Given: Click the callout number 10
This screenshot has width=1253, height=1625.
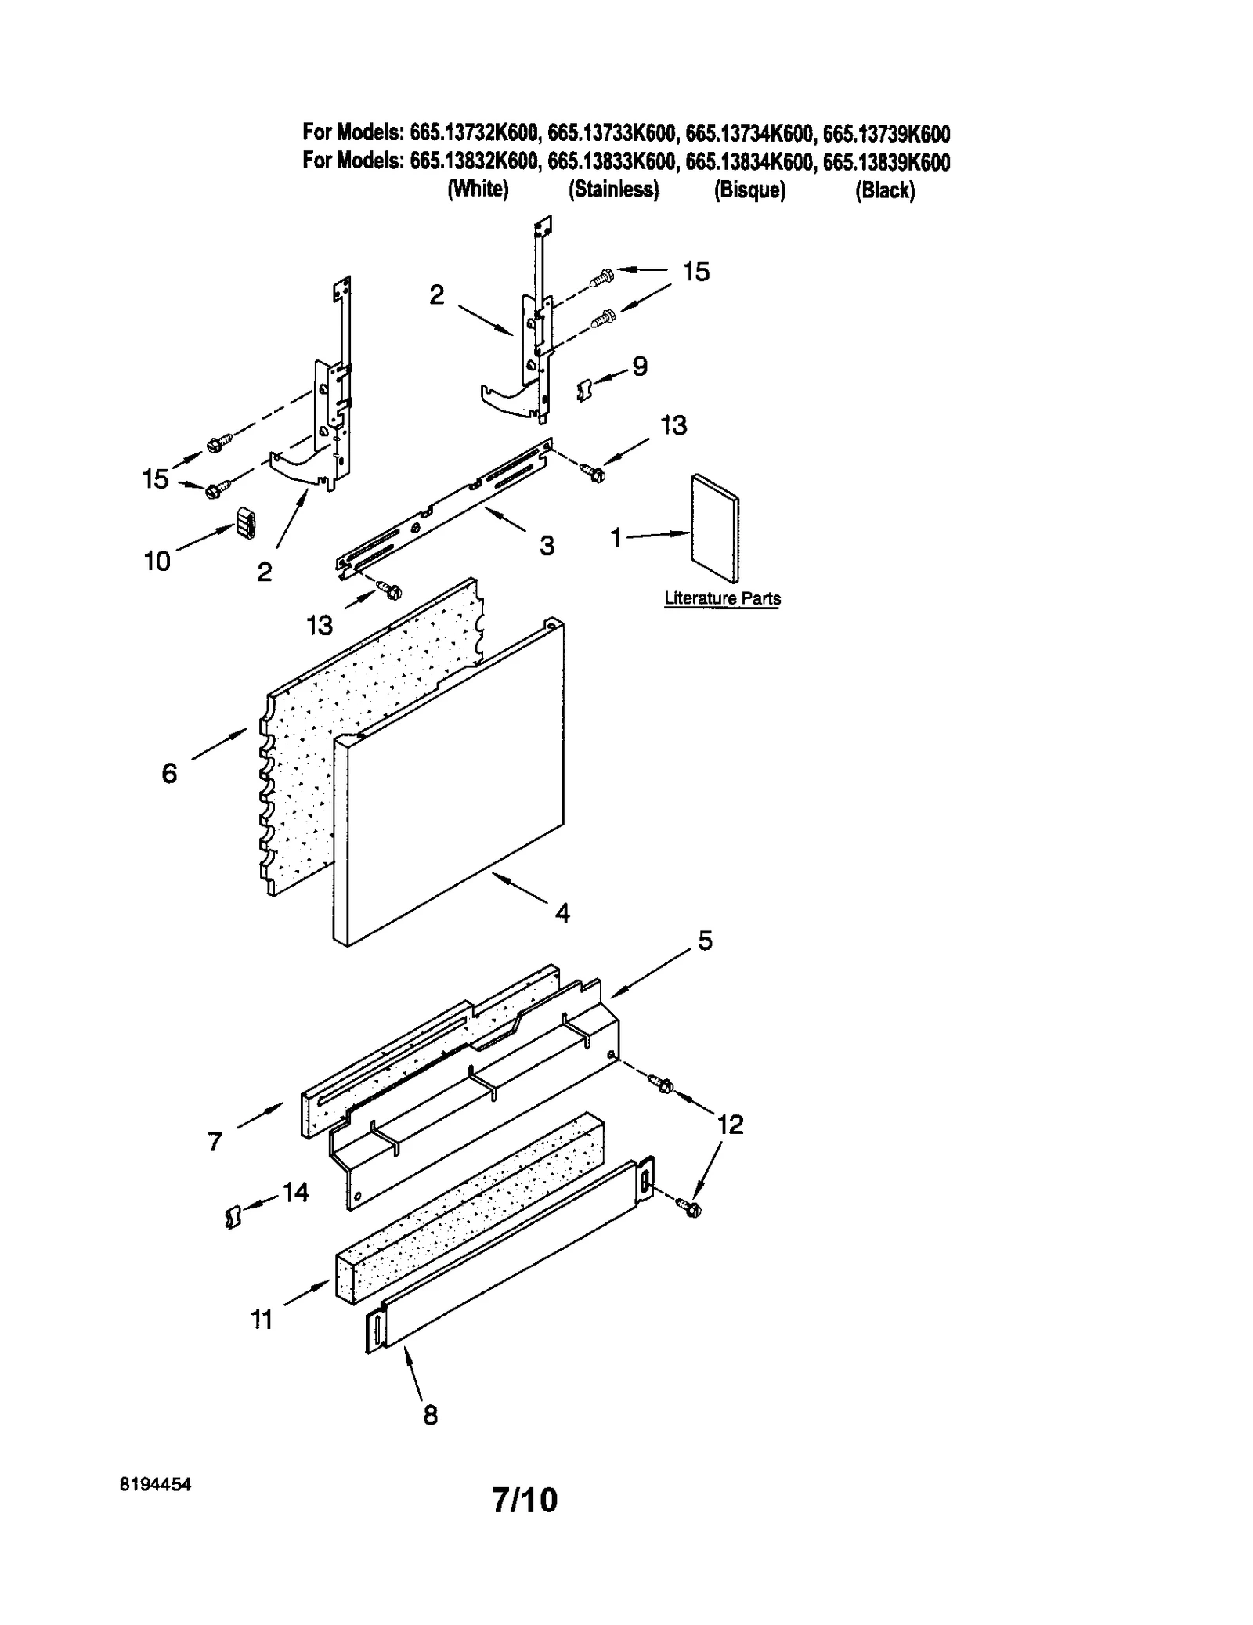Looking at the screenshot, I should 157,561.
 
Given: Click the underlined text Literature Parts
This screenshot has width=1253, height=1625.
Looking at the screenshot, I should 722,599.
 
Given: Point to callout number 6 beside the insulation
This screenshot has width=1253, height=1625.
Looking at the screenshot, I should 170,774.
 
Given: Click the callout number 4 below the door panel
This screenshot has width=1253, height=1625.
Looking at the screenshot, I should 562,912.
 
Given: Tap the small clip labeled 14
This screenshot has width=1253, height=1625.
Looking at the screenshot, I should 232,1218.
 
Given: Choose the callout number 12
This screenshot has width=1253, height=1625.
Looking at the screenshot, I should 730,1125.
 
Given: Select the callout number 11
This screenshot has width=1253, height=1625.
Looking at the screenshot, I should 261,1320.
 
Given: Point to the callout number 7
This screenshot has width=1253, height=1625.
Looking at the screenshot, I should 215,1142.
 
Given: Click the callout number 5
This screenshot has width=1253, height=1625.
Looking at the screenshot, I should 705,941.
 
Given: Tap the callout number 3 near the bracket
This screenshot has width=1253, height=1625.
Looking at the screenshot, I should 547,545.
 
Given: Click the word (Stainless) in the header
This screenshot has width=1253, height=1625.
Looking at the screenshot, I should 614,190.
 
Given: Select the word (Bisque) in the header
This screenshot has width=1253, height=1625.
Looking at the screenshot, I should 749,190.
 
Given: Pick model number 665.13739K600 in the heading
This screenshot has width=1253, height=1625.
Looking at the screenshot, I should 886,135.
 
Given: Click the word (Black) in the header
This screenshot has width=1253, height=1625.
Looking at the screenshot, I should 885,190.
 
